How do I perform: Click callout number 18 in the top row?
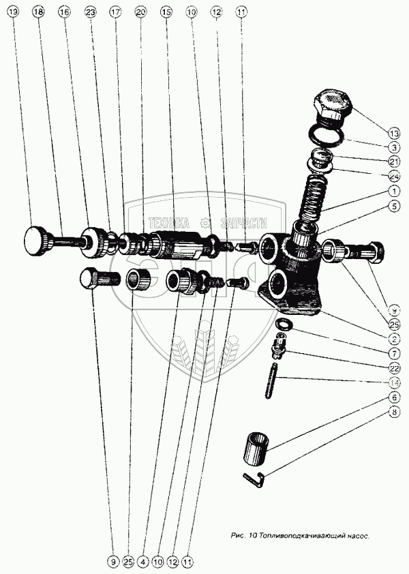tap(37, 12)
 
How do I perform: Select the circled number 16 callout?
tap(64, 12)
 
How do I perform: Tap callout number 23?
tap(90, 12)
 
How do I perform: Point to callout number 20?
tap(140, 12)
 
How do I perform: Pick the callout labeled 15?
tap(166, 12)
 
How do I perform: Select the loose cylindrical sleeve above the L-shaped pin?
tap(258, 447)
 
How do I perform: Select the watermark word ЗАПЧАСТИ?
tap(244, 223)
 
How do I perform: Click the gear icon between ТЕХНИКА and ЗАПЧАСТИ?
tap(204, 223)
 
